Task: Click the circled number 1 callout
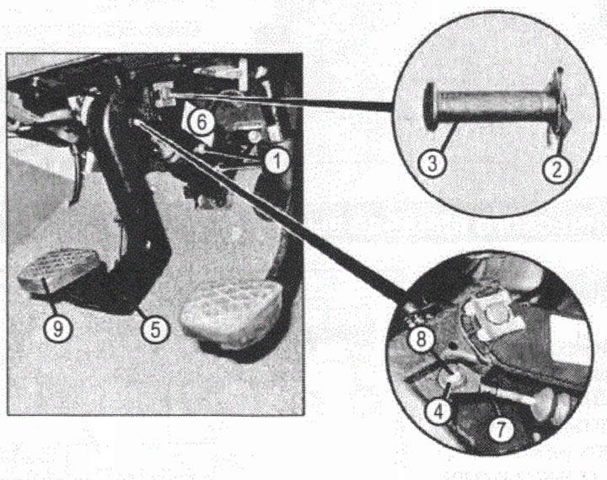pos(277,161)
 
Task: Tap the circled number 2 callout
pos(556,170)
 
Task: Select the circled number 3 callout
pos(432,164)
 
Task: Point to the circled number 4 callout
pos(438,413)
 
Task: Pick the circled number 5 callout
pos(155,330)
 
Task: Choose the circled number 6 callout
pos(201,123)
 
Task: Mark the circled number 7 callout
pos(501,429)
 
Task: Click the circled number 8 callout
pos(422,339)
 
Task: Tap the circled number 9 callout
pos(57,329)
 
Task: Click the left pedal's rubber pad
pos(58,270)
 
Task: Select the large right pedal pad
pos(232,309)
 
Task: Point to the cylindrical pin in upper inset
pos(493,103)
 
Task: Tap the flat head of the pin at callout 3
pos(430,105)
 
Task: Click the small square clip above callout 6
pos(164,94)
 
